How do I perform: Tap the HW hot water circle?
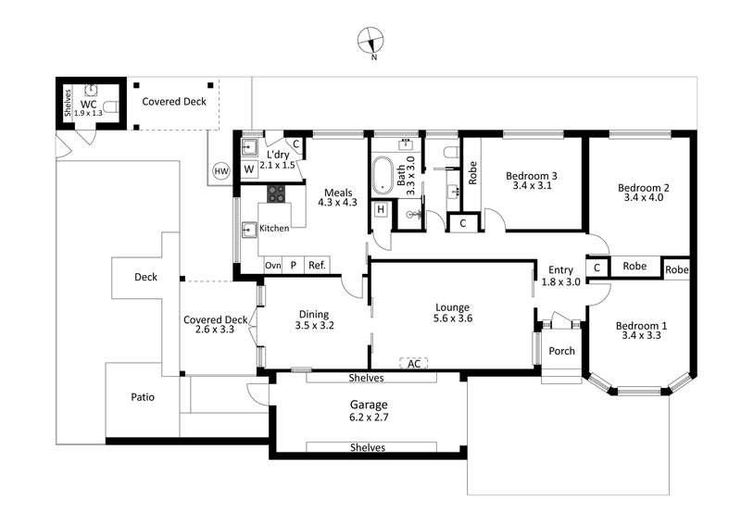pyautogui.click(x=220, y=171)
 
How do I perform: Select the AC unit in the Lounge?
pyautogui.click(x=414, y=364)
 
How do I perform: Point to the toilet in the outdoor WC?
pyautogui.click(x=111, y=106)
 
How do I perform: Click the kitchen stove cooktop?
pyautogui.click(x=277, y=194)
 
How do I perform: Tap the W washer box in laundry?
pyautogui.click(x=249, y=169)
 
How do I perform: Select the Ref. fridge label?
pyautogui.click(x=317, y=266)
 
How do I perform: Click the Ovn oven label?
pyautogui.click(x=272, y=266)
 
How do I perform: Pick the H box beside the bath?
pyautogui.click(x=381, y=210)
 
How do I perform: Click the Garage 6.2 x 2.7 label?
pyautogui.click(x=369, y=411)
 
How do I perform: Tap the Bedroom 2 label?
pyautogui.click(x=644, y=193)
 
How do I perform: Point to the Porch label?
pyautogui.click(x=562, y=352)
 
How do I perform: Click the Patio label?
pyautogui.click(x=142, y=397)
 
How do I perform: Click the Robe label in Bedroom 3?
pyautogui.click(x=472, y=174)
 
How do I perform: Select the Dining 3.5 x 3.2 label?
pyautogui.click(x=314, y=319)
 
